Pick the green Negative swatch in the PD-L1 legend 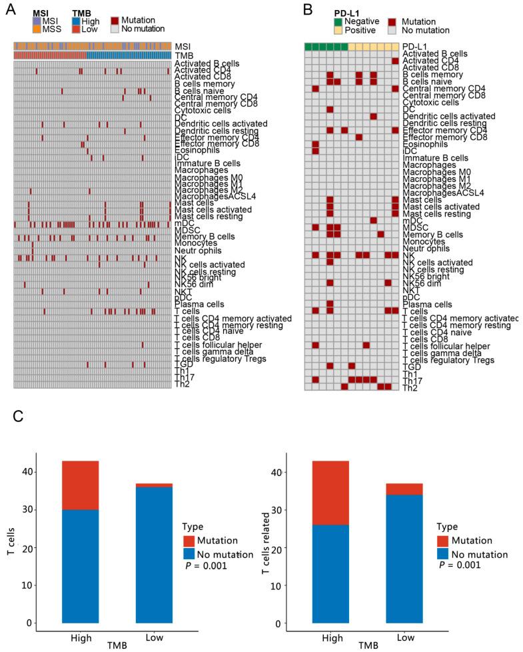tap(339, 21)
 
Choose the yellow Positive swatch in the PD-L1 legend tap(339, 31)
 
